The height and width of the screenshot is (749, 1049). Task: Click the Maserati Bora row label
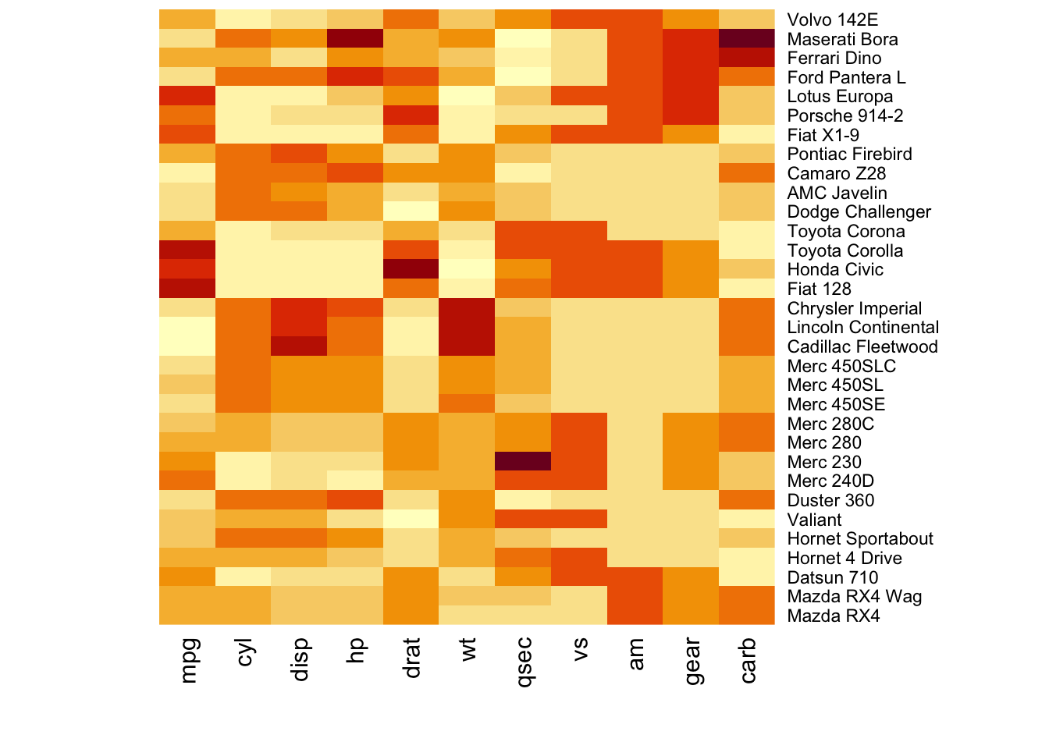(842, 39)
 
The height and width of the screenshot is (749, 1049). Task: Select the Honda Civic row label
(835, 269)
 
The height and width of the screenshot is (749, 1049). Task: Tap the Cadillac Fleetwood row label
(862, 346)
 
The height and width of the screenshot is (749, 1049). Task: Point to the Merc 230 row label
(824, 462)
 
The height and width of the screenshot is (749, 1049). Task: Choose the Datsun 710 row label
(832, 577)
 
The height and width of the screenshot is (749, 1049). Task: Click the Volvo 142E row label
(832, 20)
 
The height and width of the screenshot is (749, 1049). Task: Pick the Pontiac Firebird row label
(849, 154)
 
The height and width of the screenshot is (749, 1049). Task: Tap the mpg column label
(188, 661)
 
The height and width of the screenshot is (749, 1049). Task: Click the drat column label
(412, 658)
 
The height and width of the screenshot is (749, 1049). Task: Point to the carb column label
(748, 660)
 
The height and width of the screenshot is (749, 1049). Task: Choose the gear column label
(692, 660)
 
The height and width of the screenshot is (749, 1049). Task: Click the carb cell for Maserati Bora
(747, 39)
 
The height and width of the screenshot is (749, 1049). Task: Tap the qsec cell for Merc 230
(523, 462)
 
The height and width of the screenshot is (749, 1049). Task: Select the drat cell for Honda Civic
(411, 269)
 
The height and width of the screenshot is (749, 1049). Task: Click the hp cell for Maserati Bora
(355, 39)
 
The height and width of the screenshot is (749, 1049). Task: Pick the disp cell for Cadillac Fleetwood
(299, 346)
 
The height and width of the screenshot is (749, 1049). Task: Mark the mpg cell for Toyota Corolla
(187, 250)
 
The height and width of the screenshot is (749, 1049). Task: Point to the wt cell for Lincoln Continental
(467, 327)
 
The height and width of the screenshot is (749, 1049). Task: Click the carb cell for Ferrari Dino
(747, 58)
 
